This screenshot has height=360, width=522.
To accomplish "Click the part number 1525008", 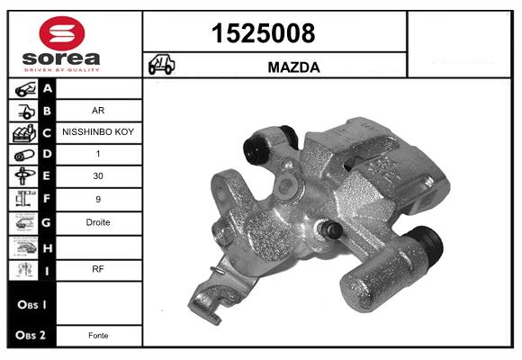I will (x=263, y=34).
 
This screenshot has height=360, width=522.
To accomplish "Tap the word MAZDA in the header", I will (x=294, y=67).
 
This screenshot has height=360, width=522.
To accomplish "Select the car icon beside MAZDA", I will (x=161, y=66).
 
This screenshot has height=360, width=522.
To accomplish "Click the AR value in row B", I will (x=99, y=112).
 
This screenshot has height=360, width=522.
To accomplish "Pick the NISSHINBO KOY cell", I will (x=99, y=131).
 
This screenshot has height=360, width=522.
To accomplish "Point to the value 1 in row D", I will (x=99, y=154).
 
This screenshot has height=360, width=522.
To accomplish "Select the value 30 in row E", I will (x=99, y=177).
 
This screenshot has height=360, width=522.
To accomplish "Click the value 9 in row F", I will (x=99, y=200).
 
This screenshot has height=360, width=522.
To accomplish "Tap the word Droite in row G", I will (x=99, y=222).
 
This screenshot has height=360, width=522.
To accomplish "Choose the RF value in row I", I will (x=99, y=267).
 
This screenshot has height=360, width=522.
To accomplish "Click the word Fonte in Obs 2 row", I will (x=99, y=336).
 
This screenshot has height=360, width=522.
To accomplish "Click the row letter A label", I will (x=48, y=89).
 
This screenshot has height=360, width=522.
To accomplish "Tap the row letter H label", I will (x=48, y=246).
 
